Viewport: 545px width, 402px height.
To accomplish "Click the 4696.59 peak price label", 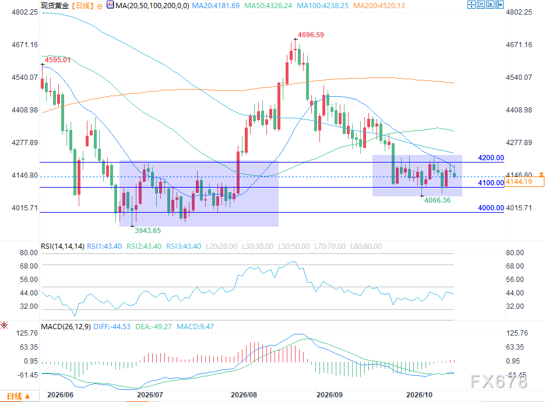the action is pyautogui.click(x=311, y=35).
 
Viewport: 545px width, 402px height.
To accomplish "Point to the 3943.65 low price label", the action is pyautogui.click(x=147, y=230).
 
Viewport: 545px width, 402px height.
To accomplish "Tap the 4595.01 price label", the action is pyautogui.click(x=58, y=60).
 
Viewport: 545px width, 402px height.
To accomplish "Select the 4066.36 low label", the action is pyautogui.click(x=437, y=200).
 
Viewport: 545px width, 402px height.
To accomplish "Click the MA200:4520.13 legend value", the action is pyautogui.click(x=379, y=6).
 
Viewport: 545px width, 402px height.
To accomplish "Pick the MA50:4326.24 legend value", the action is pyautogui.click(x=268, y=6).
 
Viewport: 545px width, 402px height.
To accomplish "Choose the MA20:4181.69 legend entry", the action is pyautogui.click(x=216, y=6).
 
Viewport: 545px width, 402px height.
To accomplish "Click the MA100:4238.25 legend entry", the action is pyautogui.click(x=322, y=6).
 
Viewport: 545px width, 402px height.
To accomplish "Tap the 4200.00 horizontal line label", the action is pyautogui.click(x=491, y=158).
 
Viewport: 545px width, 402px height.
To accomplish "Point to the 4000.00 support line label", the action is pyautogui.click(x=491, y=208).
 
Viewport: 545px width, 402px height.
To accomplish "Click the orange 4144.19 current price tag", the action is pyautogui.click(x=524, y=182).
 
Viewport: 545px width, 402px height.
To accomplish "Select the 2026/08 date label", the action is pyautogui.click(x=244, y=394).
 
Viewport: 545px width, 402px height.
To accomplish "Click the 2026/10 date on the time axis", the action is pyautogui.click(x=420, y=394).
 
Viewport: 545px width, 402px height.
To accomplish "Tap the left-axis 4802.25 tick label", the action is pyautogui.click(x=24, y=12).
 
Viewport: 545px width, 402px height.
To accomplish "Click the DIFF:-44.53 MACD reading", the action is pyautogui.click(x=112, y=327).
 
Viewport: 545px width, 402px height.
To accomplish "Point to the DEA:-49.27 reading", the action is pyautogui.click(x=154, y=327).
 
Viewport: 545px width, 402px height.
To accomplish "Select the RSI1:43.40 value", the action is pyautogui.click(x=104, y=246).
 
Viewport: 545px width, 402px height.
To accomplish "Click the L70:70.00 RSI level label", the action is pyautogui.click(x=330, y=246).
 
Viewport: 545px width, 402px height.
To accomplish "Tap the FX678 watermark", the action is pyautogui.click(x=499, y=382).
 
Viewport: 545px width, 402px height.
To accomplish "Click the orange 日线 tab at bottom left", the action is pyautogui.click(x=18, y=396).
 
